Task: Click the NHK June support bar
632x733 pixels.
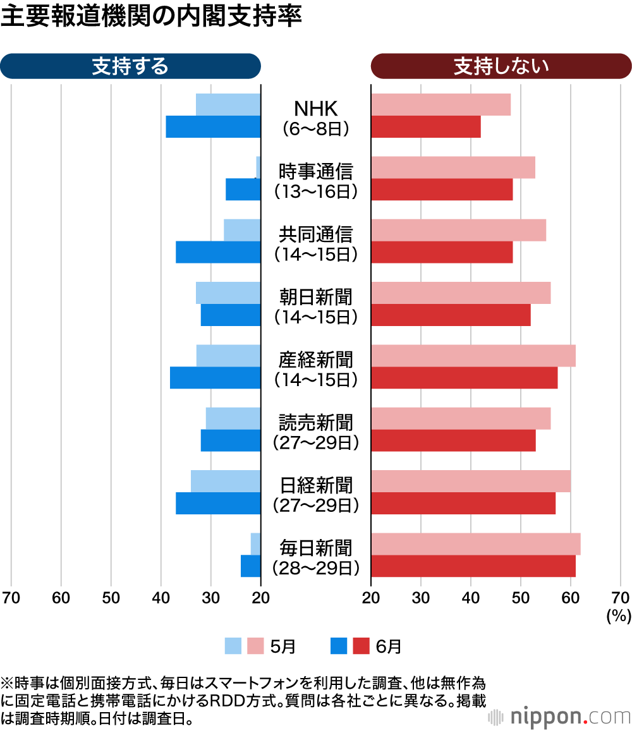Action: click(213, 127)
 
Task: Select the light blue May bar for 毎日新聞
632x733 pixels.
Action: click(255, 544)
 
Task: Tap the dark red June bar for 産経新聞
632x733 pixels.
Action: click(464, 378)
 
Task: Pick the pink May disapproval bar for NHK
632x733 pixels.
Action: click(441, 105)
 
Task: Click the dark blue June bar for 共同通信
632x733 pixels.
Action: click(218, 252)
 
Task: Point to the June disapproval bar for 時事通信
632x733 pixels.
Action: click(442, 190)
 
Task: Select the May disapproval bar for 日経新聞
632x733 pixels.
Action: click(471, 482)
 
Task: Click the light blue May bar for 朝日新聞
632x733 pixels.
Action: click(228, 293)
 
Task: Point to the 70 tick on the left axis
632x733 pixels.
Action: click(11, 598)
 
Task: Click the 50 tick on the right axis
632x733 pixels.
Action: click(520, 598)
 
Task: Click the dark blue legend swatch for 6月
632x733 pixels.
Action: click(339, 646)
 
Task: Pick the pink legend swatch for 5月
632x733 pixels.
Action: click(255, 646)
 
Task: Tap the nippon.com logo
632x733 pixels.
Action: click(559, 717)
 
